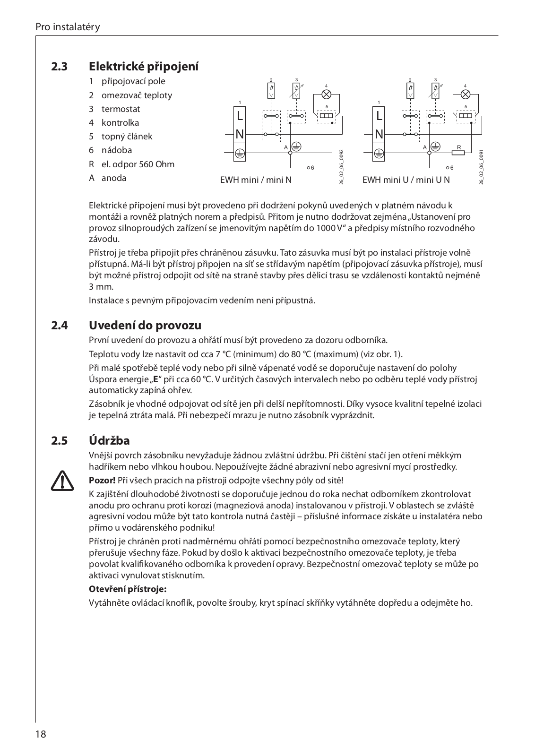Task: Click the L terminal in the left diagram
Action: click(x=240, y=115)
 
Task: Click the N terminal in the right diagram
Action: click(x=379, y=134)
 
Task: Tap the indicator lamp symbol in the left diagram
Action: click(x=326, y=94)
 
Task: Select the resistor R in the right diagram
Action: click(x=458, y=153)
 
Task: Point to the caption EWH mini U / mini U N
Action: click(x=406, y=180)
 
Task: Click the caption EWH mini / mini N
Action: click(x=256, y=180)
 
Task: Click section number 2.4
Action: click(x=60, y=326)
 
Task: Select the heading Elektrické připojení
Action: click(x=144, y=66)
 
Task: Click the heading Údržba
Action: click(x=109, y=441)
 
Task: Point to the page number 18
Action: click(x=40, y=734)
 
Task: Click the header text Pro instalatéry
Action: click(x=68, y=27)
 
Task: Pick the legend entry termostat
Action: click(x=121, y=109)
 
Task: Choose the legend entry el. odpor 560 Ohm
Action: click(x=138, y=164)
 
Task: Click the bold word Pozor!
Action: click(x=102, y=481)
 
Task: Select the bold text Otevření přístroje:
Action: click(x=128, y=589)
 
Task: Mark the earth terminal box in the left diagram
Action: click(x=240, y=153)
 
